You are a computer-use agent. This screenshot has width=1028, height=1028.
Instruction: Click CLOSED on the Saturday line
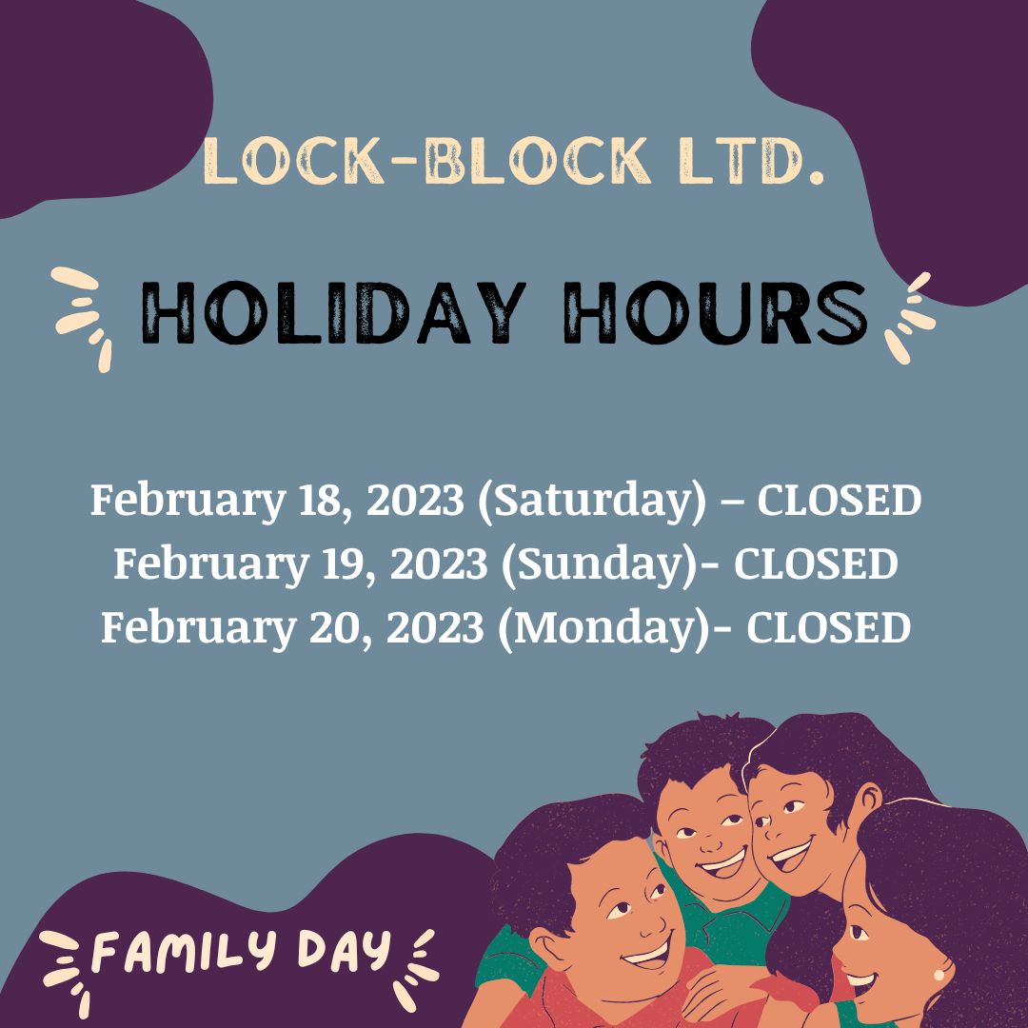[x=840, y=501]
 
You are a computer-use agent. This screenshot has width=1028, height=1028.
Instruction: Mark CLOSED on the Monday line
[x=828, y=628]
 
